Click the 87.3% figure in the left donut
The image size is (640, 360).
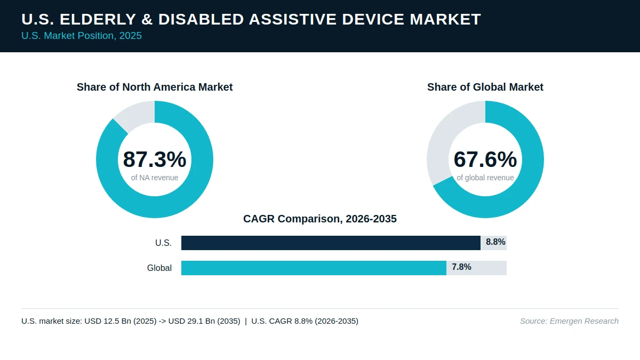tap(155, 159)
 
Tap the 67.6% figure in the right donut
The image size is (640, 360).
tap(485, 159)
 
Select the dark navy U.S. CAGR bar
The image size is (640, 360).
tap(331, 243)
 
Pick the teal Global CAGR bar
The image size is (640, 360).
tap(314, 268)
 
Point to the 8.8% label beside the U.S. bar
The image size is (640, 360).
tap(495, 242)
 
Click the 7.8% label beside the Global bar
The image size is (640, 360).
tap(461, 267)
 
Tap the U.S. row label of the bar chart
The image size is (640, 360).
tap(163, 243)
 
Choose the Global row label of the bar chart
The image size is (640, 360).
tap(159, 268)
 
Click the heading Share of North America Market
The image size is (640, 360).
tap(155, 87)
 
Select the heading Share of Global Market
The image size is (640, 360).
tap(485, 87)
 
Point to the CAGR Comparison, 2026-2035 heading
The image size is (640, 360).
tap(320, 219)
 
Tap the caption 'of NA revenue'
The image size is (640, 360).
tap(155, 178)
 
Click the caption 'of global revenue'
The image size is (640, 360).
tap(485, 178)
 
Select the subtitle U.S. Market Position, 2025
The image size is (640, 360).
tap(82, 36)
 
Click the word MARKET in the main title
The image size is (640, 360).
tap(445, 19)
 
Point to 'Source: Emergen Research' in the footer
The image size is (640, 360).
tap(569, 321)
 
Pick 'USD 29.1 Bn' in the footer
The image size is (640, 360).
tap(191, 321)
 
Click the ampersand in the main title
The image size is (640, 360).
tap(147, 19)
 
